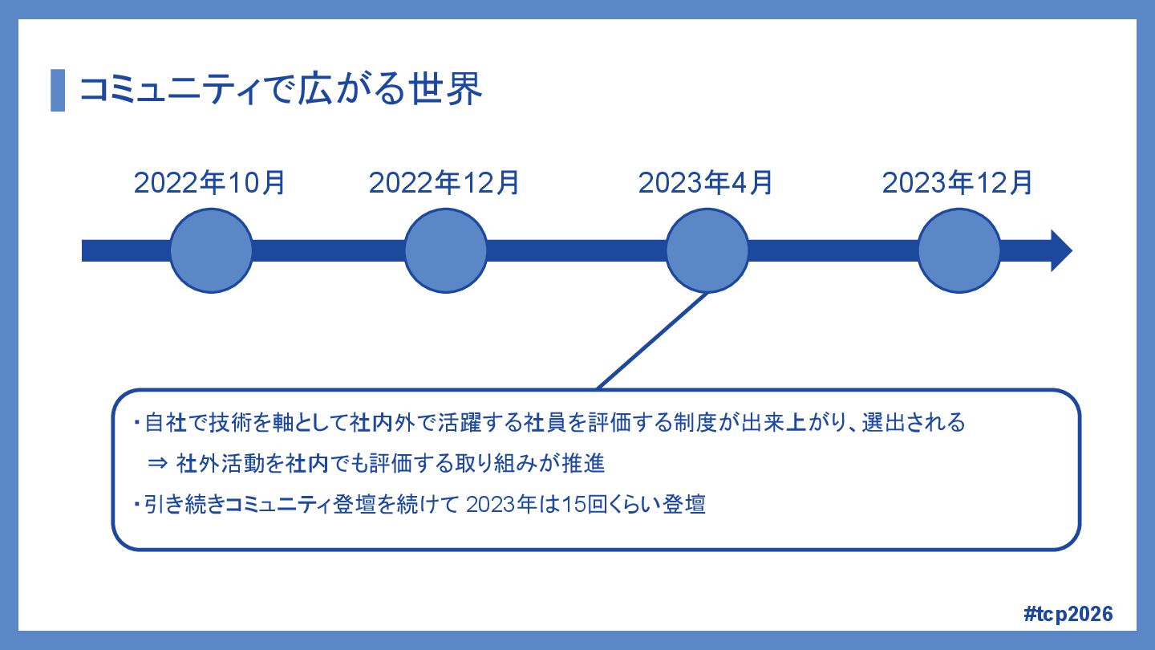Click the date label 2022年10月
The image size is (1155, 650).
210,183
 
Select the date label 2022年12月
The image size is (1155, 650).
444,183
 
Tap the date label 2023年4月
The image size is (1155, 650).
706,183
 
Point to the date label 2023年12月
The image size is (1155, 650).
958,183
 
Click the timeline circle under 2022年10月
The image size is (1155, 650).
212,250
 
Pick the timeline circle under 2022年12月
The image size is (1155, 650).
446,250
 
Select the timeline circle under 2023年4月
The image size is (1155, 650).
707,250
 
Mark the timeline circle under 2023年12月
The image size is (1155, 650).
959,250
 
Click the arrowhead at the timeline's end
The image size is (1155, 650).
1060,250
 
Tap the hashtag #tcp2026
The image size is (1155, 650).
1069,614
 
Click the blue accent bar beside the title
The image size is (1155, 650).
58,90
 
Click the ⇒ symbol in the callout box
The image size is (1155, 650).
157,464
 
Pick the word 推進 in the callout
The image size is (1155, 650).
592,464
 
